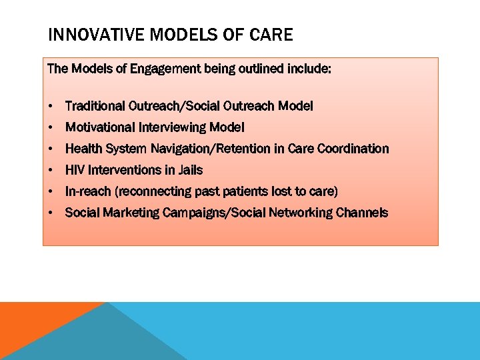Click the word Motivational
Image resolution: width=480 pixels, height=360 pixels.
pyautogui.click(x=101, y=127)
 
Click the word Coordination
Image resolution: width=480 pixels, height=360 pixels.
pyautogui.click(x=354, y=149)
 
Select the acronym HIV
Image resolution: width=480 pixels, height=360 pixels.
pyautogui.click(x=75, y=170)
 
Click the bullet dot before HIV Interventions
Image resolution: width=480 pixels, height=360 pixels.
pyautogui.click(x=51, y=171)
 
